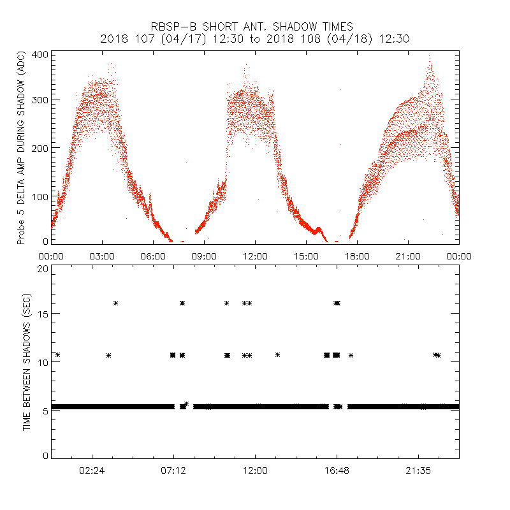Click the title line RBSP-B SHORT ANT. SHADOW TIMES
255,26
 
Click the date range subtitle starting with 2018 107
255,39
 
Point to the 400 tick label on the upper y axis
41,54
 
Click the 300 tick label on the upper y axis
41,99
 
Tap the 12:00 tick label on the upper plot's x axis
255,256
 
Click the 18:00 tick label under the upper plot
357,256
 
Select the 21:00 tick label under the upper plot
408,256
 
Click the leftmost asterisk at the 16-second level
116,303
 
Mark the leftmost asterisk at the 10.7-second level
57,355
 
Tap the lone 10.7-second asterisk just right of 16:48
351,355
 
